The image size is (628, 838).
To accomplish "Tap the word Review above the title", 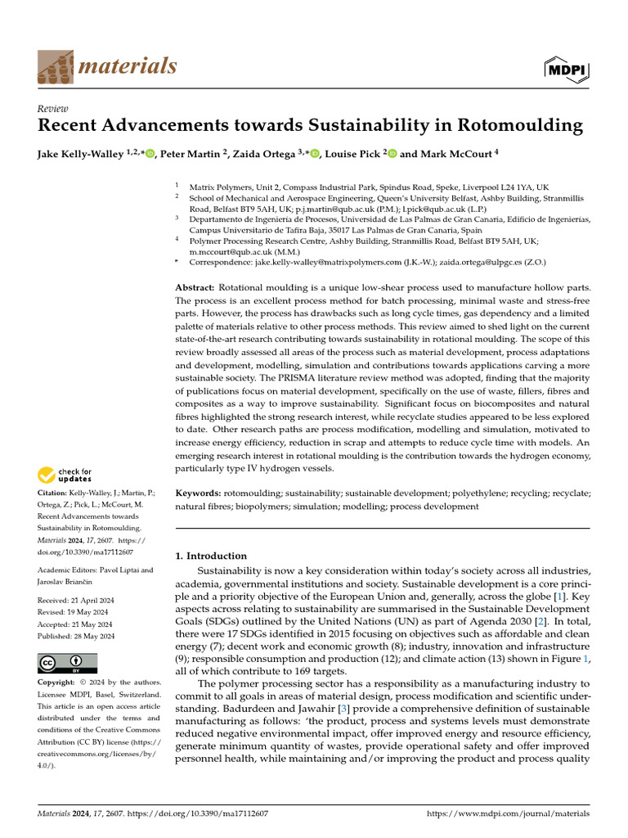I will coord(53,109).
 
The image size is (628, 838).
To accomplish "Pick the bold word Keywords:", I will coord(199,494).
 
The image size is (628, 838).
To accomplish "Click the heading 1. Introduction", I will coord(212,556).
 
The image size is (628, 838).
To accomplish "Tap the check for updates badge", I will coord(65,475).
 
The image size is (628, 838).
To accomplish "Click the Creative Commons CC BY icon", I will coord(68,664).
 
